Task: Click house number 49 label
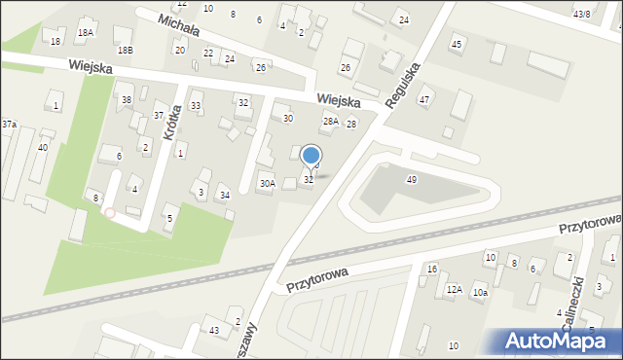coord(412,180)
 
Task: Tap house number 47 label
coord(424,100)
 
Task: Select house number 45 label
coord(457,45)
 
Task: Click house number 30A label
coord(266,183)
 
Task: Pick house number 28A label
coord(331,122)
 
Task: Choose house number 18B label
coord(124,50)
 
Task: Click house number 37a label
coord(9,125)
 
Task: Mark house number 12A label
coord(454,290)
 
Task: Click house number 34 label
coord(225,196)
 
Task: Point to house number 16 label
coord(432,269)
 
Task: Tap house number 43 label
coord(213,332)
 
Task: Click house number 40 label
coord(42,147)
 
